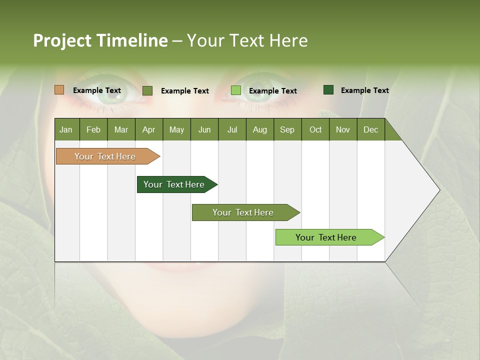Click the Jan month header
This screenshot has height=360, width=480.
pyautogui.click(x=66, y=129)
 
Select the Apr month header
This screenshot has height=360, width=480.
pyautogui.click(x=148, y=129)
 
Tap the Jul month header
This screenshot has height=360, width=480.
pyautogui.click(x=232, y=129)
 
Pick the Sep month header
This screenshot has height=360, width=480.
pyautogui.click(x=287, y=129)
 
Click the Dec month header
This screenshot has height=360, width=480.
pyautogui.click(x=370, y=129)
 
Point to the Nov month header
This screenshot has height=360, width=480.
pyautogui.click(x=342, y=129)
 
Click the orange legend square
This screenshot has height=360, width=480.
pyautogui.click(x=59, y=90)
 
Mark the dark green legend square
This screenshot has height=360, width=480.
pyautogui.click(x=328, y=90)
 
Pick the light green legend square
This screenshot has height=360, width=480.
pyautogui.click(x=236, y=90)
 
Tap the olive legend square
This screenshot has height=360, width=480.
pyautogui.click(x=147, y=90)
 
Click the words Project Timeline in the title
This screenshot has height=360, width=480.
pyautogui.click(x=100, y=40)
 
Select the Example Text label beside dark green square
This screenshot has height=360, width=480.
pyautogui.click(x=364, y=90)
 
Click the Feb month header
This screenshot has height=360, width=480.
pyautogui.click(x=93, y=129)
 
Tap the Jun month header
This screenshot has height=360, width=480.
pyautogui.click(x=204, y=129)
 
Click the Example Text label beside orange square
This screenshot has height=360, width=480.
pyautogui.click(x=97, y=90)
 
